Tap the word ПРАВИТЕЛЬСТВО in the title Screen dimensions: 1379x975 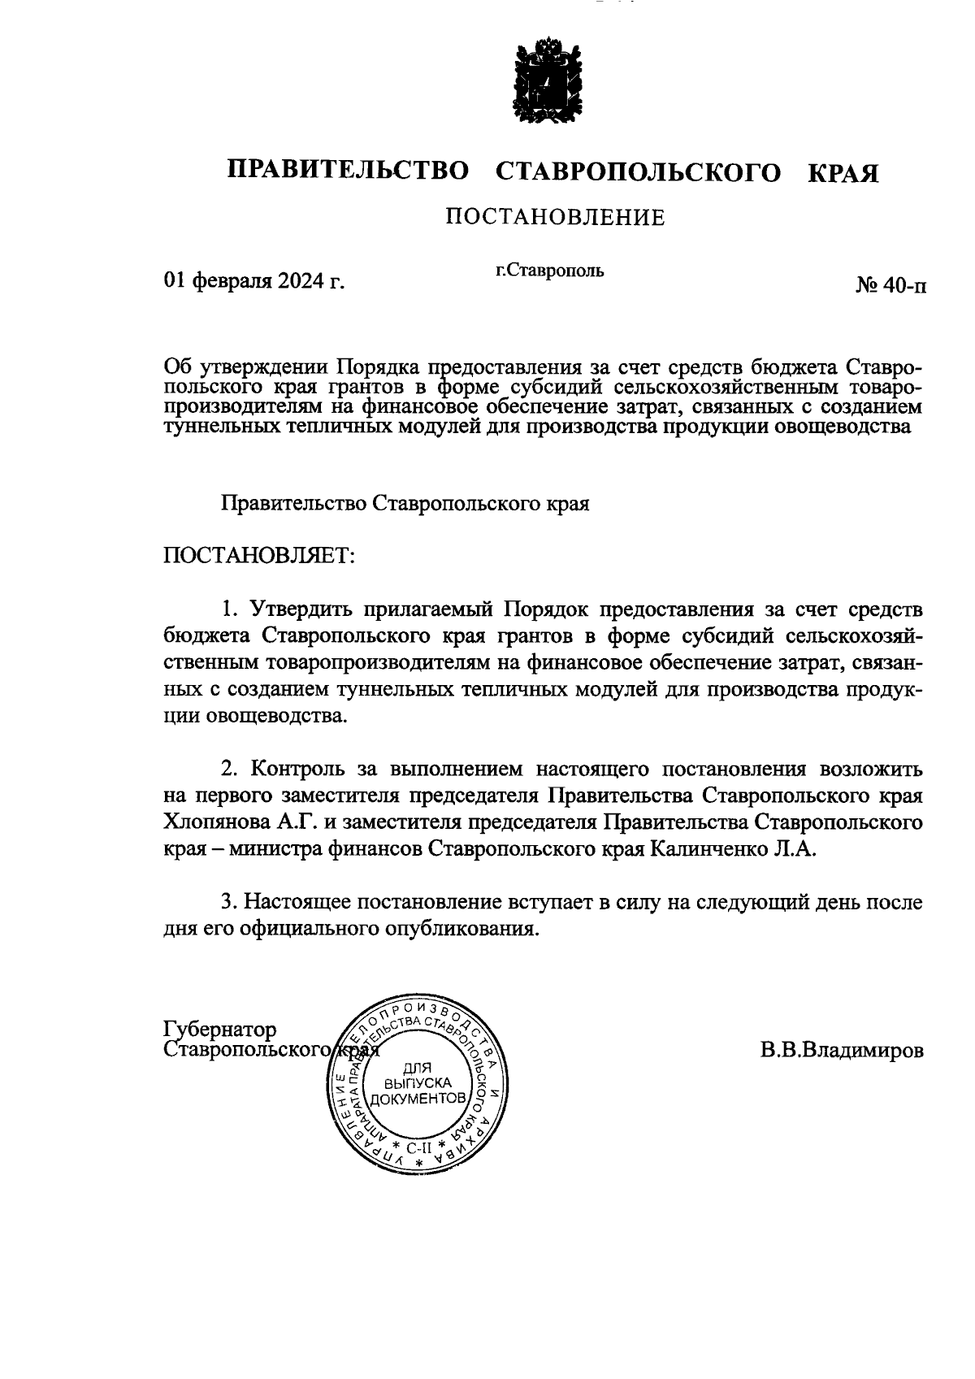349,171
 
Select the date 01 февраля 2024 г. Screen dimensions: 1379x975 253,281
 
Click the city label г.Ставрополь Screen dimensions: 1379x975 550,270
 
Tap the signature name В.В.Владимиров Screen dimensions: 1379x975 842,1050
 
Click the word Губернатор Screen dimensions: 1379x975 220,1030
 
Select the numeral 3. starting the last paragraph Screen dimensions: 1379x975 228,902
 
